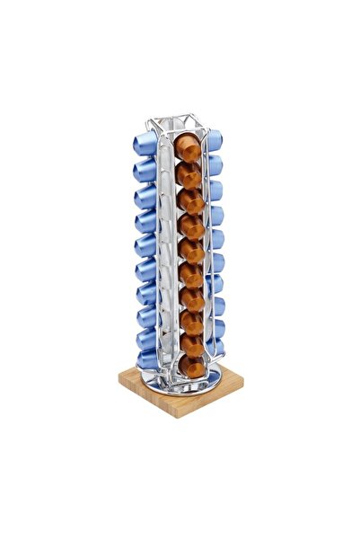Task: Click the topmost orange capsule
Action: click(x=187, y=147)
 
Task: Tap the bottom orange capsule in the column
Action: click(x=190, y=364)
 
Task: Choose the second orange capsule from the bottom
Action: click(x=190, y=341)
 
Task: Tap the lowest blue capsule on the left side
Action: click(x=148, y=359)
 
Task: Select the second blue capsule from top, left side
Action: click(x=145, y=169)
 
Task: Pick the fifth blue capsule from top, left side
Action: click(x=146, y=244)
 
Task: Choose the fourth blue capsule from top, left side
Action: click(x=145, y=219)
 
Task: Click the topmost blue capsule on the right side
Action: click(x=214, y=140)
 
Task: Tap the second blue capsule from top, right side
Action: click(x=215, y=164)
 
